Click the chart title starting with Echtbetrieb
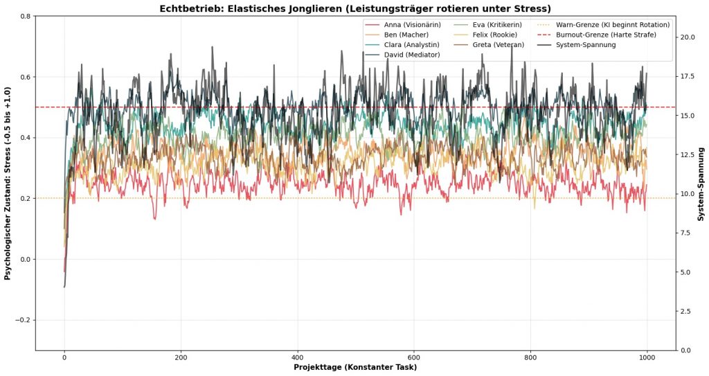(355, 8)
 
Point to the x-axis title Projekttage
(355, 367)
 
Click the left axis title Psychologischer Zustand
(8, 183)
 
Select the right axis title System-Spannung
(701, 183)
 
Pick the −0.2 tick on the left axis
(21, 320)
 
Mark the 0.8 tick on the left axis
(24, 16)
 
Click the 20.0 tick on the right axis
(688, 37)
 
